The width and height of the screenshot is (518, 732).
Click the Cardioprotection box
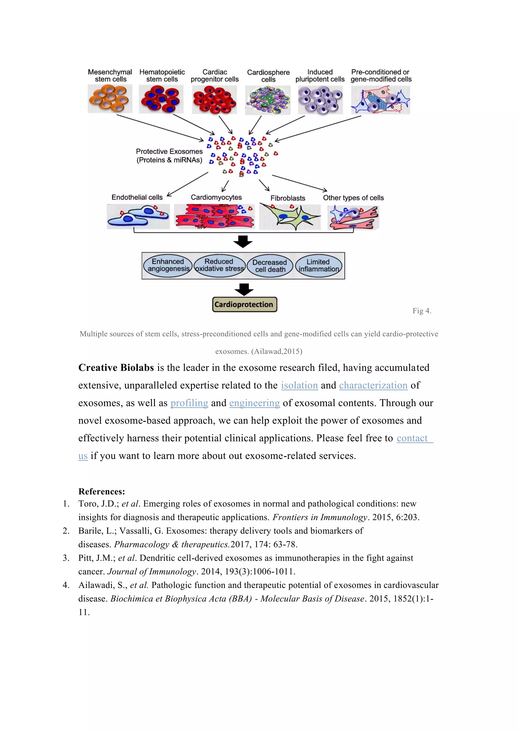click(244, 305)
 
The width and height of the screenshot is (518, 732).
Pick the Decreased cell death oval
click(270, 266)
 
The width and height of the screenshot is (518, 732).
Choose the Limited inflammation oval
click(318, 266)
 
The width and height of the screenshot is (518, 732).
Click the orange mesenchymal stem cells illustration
click(110, 99)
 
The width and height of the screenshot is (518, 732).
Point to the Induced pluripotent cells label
click(320, 76)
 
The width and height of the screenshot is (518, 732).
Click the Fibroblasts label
click(288, 198)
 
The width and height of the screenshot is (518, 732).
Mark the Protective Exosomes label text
click(169, 156)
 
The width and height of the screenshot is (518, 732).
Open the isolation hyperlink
click(299, 385)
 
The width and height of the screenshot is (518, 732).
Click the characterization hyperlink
click(373, 385)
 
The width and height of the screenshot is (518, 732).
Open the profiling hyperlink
click(189, 403)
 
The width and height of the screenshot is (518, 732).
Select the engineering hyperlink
click(254, 403)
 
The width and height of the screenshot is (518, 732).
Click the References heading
click(101, 491)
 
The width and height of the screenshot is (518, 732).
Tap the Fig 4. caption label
click(422, 311)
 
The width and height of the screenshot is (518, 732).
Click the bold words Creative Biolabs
click(116, 368)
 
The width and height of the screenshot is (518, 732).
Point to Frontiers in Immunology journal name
click(320, 517)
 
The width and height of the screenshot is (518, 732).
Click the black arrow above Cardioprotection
click(244, 289)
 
